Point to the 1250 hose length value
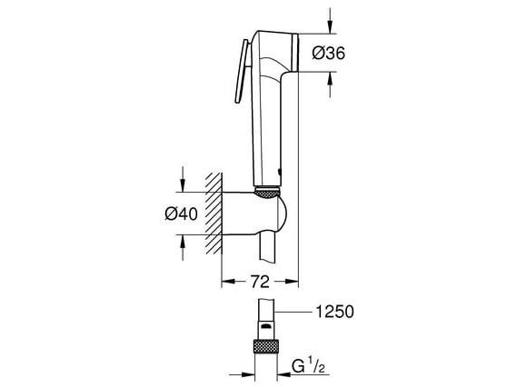click(333, 311)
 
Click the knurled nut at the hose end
click(267, 349)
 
